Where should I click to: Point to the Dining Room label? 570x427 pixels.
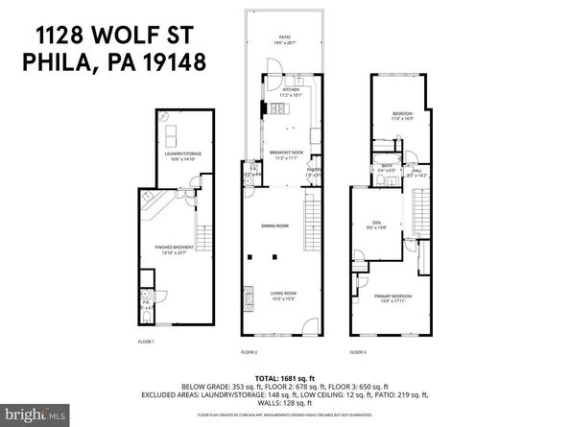(x=274, y=225)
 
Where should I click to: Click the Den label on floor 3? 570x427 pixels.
(x=376, y=224)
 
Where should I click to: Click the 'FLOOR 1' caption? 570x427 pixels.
(x=147, y=341)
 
